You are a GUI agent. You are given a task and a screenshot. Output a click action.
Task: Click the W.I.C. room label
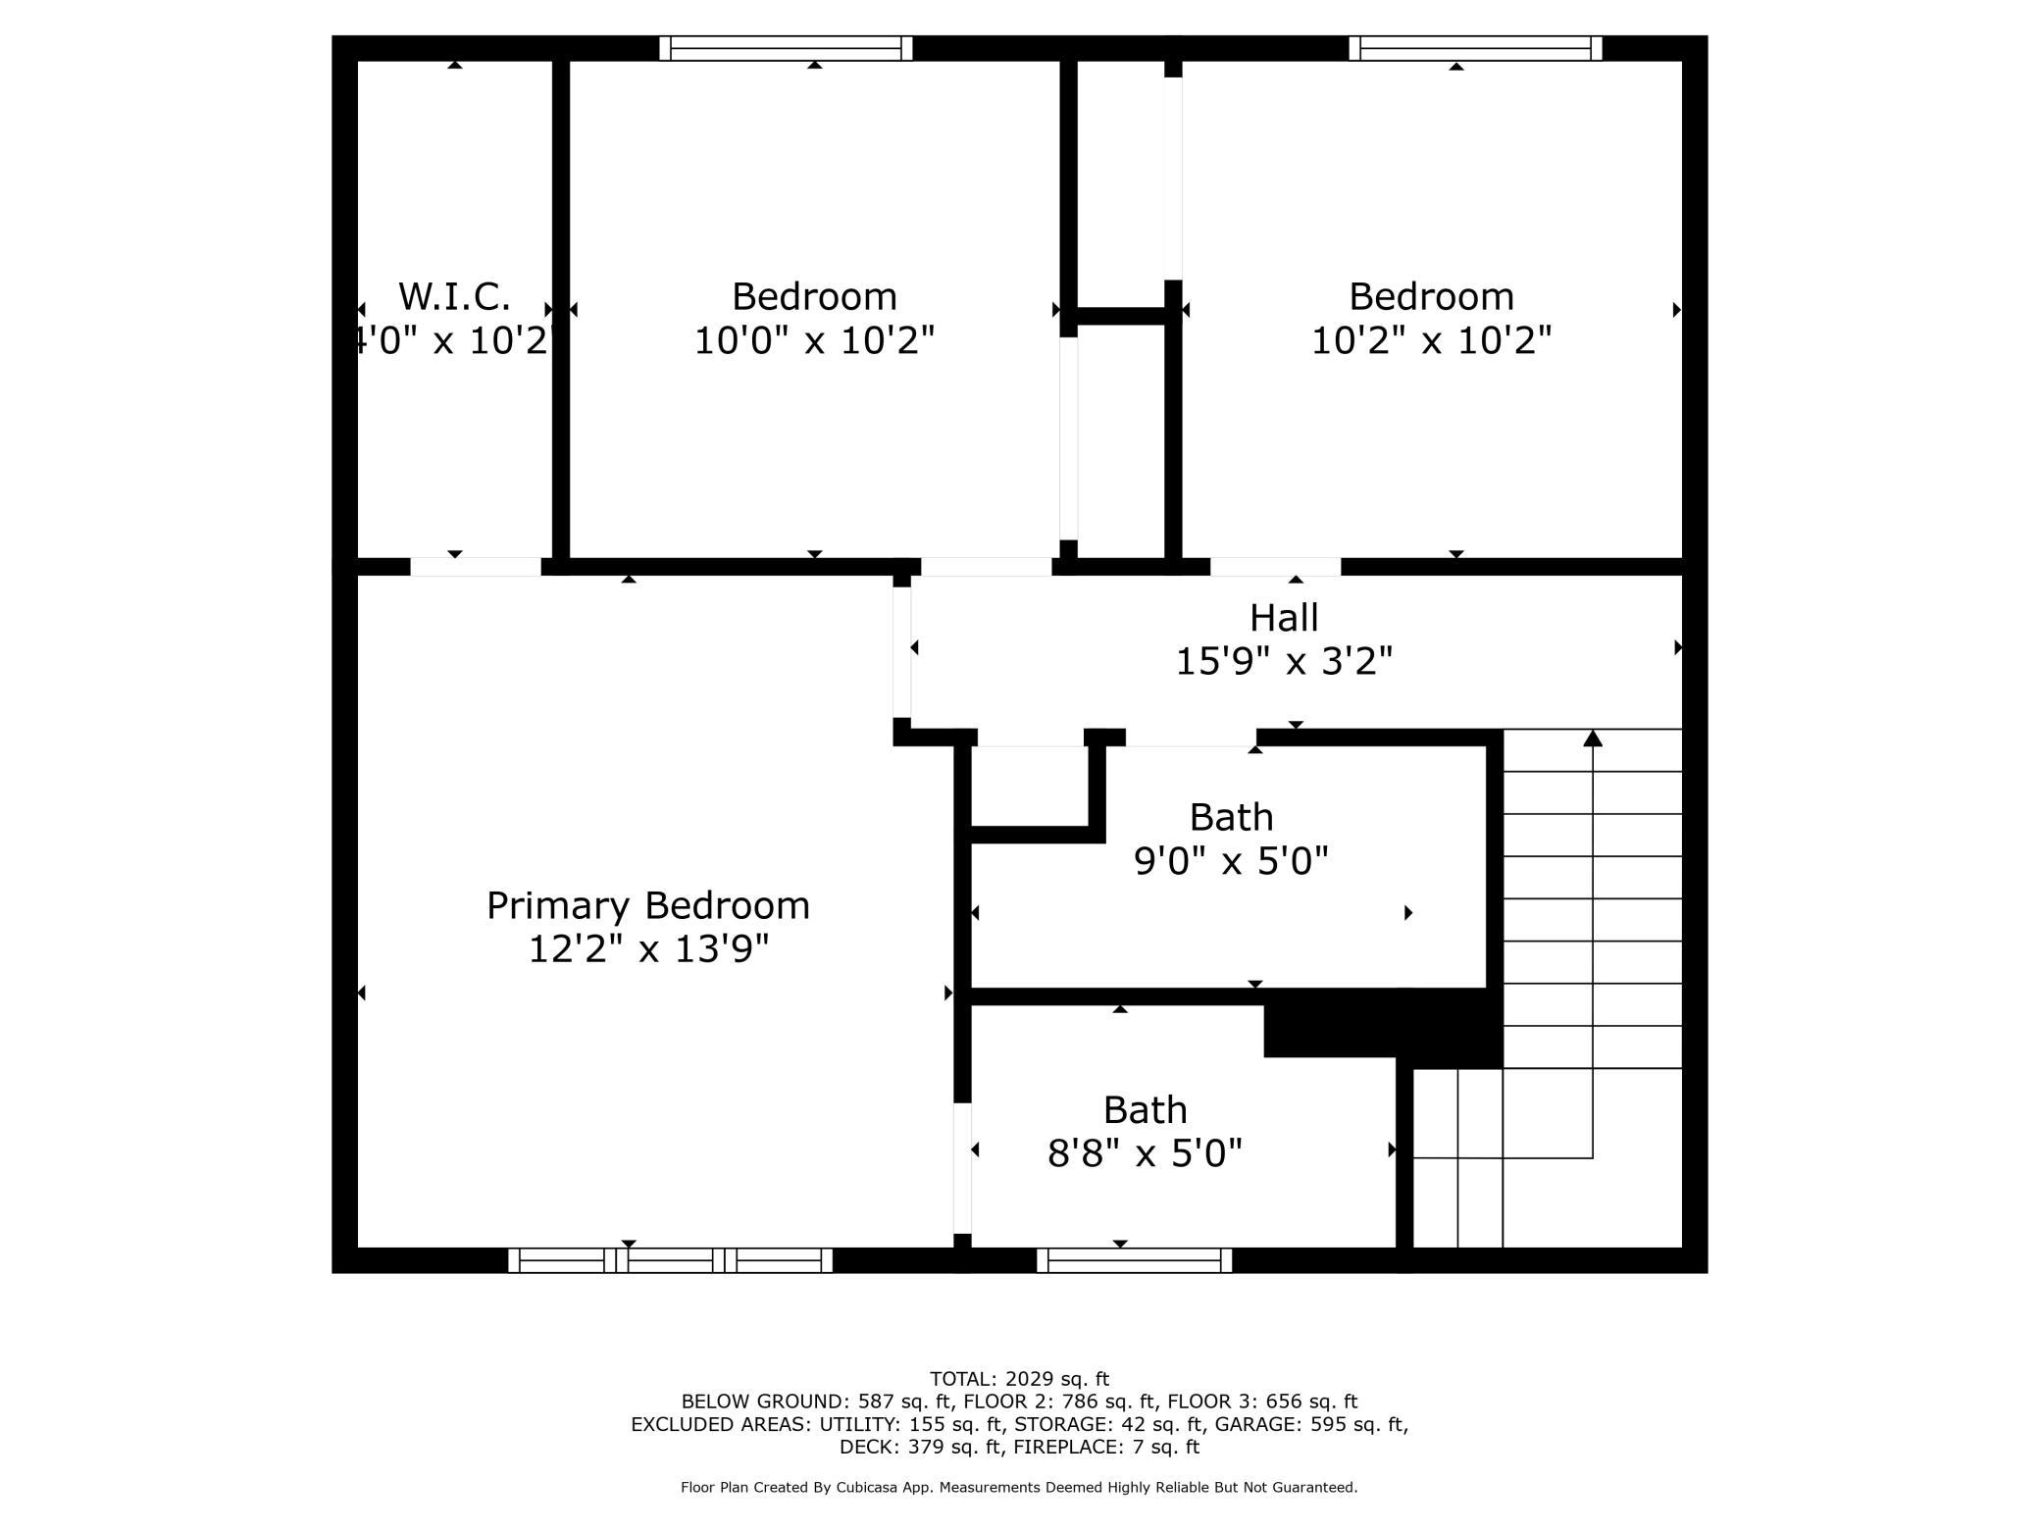[x=454, y=296]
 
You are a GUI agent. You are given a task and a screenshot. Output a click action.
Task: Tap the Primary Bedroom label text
[x=648, y=906]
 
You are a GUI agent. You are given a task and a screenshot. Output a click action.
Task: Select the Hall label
[x=1284, y=618]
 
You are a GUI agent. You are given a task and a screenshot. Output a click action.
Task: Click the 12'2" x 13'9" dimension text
[x=648, y=949]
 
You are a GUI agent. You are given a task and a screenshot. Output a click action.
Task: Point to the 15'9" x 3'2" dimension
[x=1284, y=662]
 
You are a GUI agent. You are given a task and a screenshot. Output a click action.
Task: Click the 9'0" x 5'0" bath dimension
[x=1231, y=862]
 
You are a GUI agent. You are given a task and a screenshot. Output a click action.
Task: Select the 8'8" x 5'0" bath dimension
[x=1145, y=1154]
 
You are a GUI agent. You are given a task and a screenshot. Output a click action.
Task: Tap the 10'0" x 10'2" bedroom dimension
[x=814, y=341]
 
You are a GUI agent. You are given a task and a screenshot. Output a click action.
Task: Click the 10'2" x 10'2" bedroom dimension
[x=1431, y=341]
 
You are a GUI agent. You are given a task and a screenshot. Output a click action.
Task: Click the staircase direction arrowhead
[x=1593, y=738]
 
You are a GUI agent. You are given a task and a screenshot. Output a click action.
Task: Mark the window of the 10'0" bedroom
[x=786, y=48]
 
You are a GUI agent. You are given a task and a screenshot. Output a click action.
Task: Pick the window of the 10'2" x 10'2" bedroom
[x=1475, y=48]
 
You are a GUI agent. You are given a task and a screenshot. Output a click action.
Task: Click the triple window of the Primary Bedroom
[x=671, y=1260]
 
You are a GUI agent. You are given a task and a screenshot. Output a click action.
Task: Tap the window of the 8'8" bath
[x=1135, y=1260]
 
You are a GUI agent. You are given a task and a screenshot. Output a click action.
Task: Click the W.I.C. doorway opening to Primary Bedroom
[x=476, y=567]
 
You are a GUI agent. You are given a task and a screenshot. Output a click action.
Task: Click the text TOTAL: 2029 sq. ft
[x=1019, y=1379]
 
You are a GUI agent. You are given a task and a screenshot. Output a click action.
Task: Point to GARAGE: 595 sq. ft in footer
[x=1309, y=1424]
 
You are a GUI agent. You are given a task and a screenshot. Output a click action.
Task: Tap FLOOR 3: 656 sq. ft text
[x=1262, y=1402]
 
